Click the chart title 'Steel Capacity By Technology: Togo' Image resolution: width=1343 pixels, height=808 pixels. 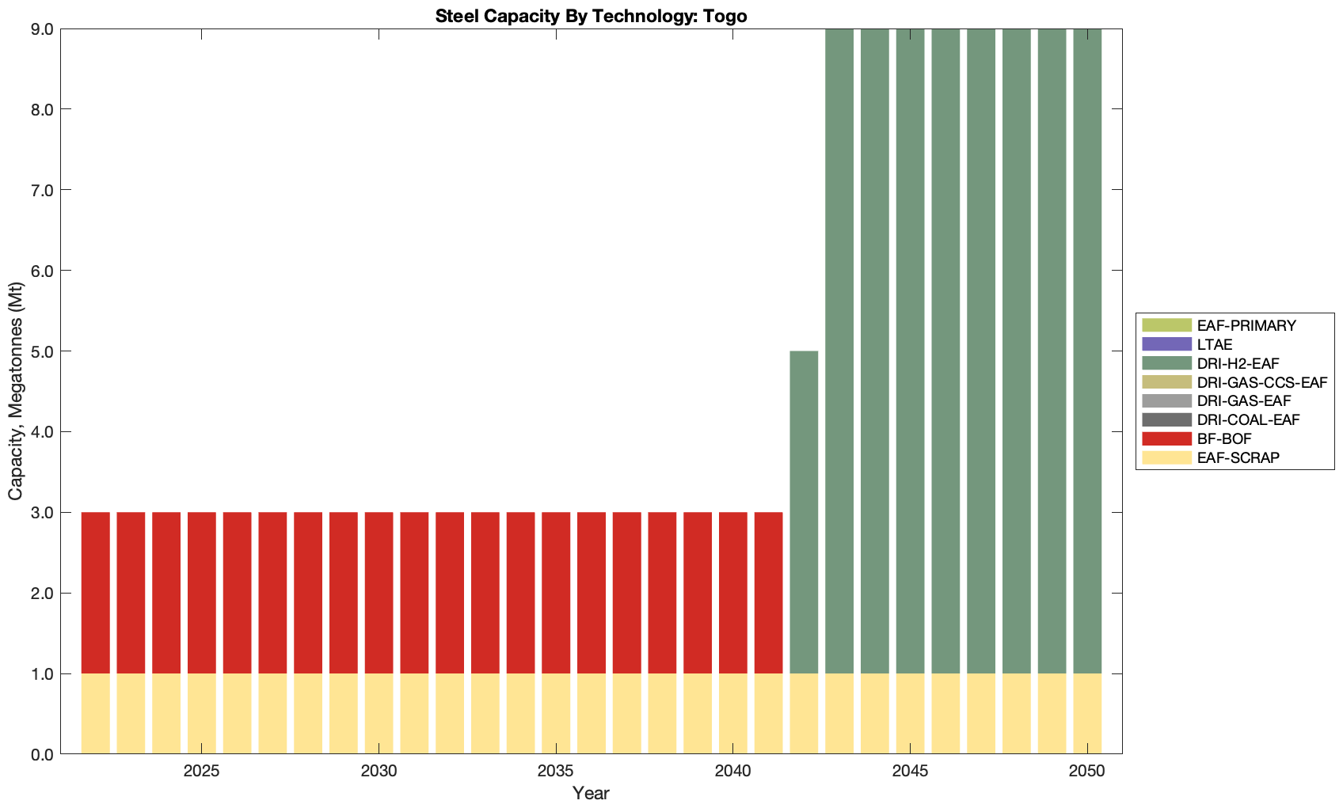pos(591,16)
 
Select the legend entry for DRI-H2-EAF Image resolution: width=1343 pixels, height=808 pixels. pos(1238,363)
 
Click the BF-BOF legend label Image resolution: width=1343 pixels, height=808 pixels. pos(1224,438)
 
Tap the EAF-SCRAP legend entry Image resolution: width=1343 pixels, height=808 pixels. pos(1238,457)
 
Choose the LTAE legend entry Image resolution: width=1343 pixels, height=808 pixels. pos(1215,344)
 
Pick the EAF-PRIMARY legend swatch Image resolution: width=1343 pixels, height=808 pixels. pos(1166,325)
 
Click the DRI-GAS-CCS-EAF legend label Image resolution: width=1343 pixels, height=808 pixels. pos(1261,382)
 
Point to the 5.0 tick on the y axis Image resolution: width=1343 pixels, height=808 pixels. pos(41,351)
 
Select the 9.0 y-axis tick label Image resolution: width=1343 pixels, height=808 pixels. pos(41,29)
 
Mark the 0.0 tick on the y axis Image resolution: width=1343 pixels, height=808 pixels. pos(41,754)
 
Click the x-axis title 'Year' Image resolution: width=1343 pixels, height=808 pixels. pos(591,793)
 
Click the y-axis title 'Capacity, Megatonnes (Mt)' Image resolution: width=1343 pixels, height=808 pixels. pos(16,392)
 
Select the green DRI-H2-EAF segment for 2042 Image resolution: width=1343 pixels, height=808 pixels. pos(804,512)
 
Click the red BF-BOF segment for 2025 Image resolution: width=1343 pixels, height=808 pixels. pos(202,593)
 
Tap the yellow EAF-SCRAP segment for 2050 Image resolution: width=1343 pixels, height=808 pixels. pos(1087,714)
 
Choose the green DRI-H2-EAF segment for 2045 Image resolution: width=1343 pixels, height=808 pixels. pos(910,351)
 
